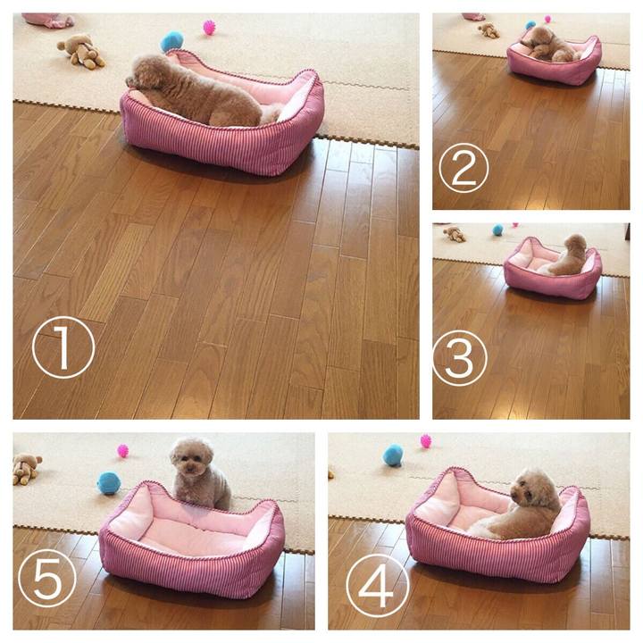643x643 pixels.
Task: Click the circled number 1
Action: click(63, 347)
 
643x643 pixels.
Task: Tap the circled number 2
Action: click(463, 168)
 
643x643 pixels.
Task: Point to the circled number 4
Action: click(377, 586)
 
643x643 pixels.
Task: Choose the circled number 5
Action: click(47, 578)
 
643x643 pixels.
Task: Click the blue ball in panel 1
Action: click(171, 42)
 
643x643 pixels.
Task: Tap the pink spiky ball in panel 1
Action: click(209, 27)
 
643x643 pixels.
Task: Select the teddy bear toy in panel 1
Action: click(81, 51)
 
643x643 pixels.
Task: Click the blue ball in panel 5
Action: click(108, 483)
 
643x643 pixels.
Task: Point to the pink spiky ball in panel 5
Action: click(123, 451)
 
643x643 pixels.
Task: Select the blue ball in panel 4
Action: click(393, 455)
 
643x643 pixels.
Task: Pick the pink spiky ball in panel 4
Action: click(426, 441)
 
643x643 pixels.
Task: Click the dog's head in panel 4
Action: click(532, 489)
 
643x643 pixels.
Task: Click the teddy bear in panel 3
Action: click(455, 234)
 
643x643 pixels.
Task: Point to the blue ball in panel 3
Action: click(497, 230)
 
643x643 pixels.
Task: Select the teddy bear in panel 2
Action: click(489, 30)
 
